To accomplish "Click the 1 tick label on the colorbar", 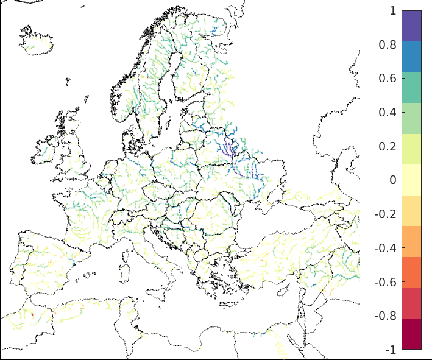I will tap(392, 11).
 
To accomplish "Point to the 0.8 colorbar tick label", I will tap(388, 45).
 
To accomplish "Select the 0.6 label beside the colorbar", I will tap(388, 79).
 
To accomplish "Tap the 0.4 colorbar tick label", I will tap(388, 113).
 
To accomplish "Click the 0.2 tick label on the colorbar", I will tap(388, 147).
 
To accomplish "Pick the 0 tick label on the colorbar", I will tap(392, 180).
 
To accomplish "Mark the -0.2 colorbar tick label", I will tap(386, 214).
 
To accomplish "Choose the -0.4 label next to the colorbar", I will tap(386, 249).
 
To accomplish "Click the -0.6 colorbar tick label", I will tap(386, 282).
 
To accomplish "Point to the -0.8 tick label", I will tap(386, 316).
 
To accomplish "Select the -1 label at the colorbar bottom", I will tap(391, 350).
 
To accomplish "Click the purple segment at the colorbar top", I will tap(411, 26).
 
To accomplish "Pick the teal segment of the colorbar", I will tap(411, 87).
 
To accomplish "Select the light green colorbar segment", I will tap(411, 118).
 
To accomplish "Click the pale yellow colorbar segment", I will tap(411, 180).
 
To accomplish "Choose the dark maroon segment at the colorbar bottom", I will tap(411, 334).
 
